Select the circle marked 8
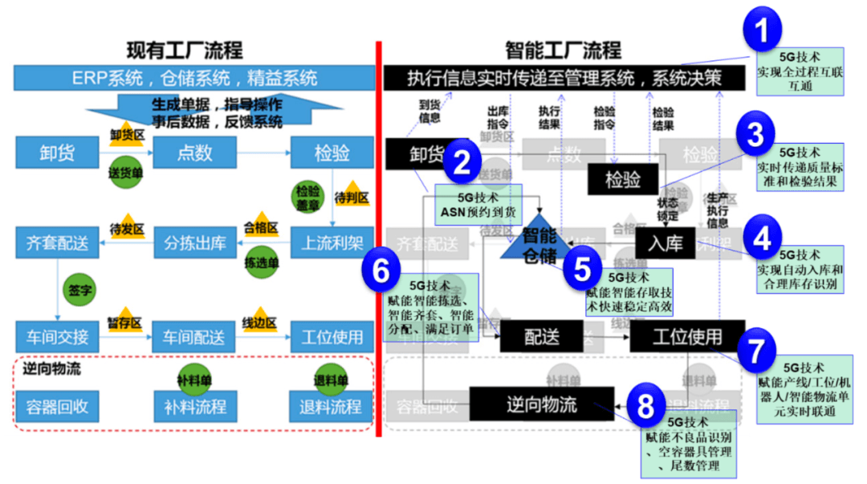(644, 407)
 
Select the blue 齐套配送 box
(57, 243)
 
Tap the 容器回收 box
(57, 406)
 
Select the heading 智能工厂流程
(563, 50)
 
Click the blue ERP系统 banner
(194, 78)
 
